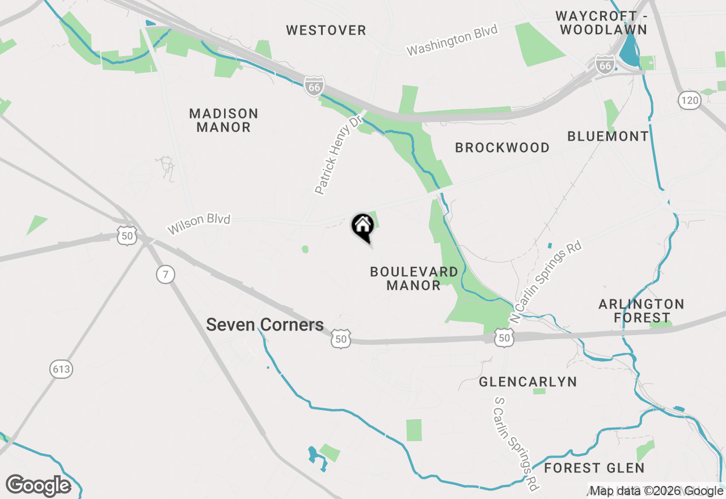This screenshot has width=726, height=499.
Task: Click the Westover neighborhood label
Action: click(326, 31)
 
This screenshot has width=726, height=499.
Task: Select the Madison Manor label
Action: click(223, 120)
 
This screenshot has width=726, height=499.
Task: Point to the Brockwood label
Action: click(502, 148)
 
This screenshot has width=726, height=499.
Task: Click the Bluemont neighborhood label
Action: click(607, 136)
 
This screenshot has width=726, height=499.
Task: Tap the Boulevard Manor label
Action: click(413, 278)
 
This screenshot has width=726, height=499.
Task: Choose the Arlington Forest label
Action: click(641, 311)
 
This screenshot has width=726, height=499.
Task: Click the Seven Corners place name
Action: click(265, 325)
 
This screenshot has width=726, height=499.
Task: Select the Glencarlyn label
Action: click(527, 382)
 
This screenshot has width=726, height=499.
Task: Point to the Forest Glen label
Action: click(594, 468)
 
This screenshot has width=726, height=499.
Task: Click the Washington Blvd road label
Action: click(452, 40)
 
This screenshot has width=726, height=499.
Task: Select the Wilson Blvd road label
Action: click(199, 223)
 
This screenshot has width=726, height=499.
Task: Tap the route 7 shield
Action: click(165, 275)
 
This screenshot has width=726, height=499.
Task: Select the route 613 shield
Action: click(61, 370)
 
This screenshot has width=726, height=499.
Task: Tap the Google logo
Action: click(39, 486)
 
